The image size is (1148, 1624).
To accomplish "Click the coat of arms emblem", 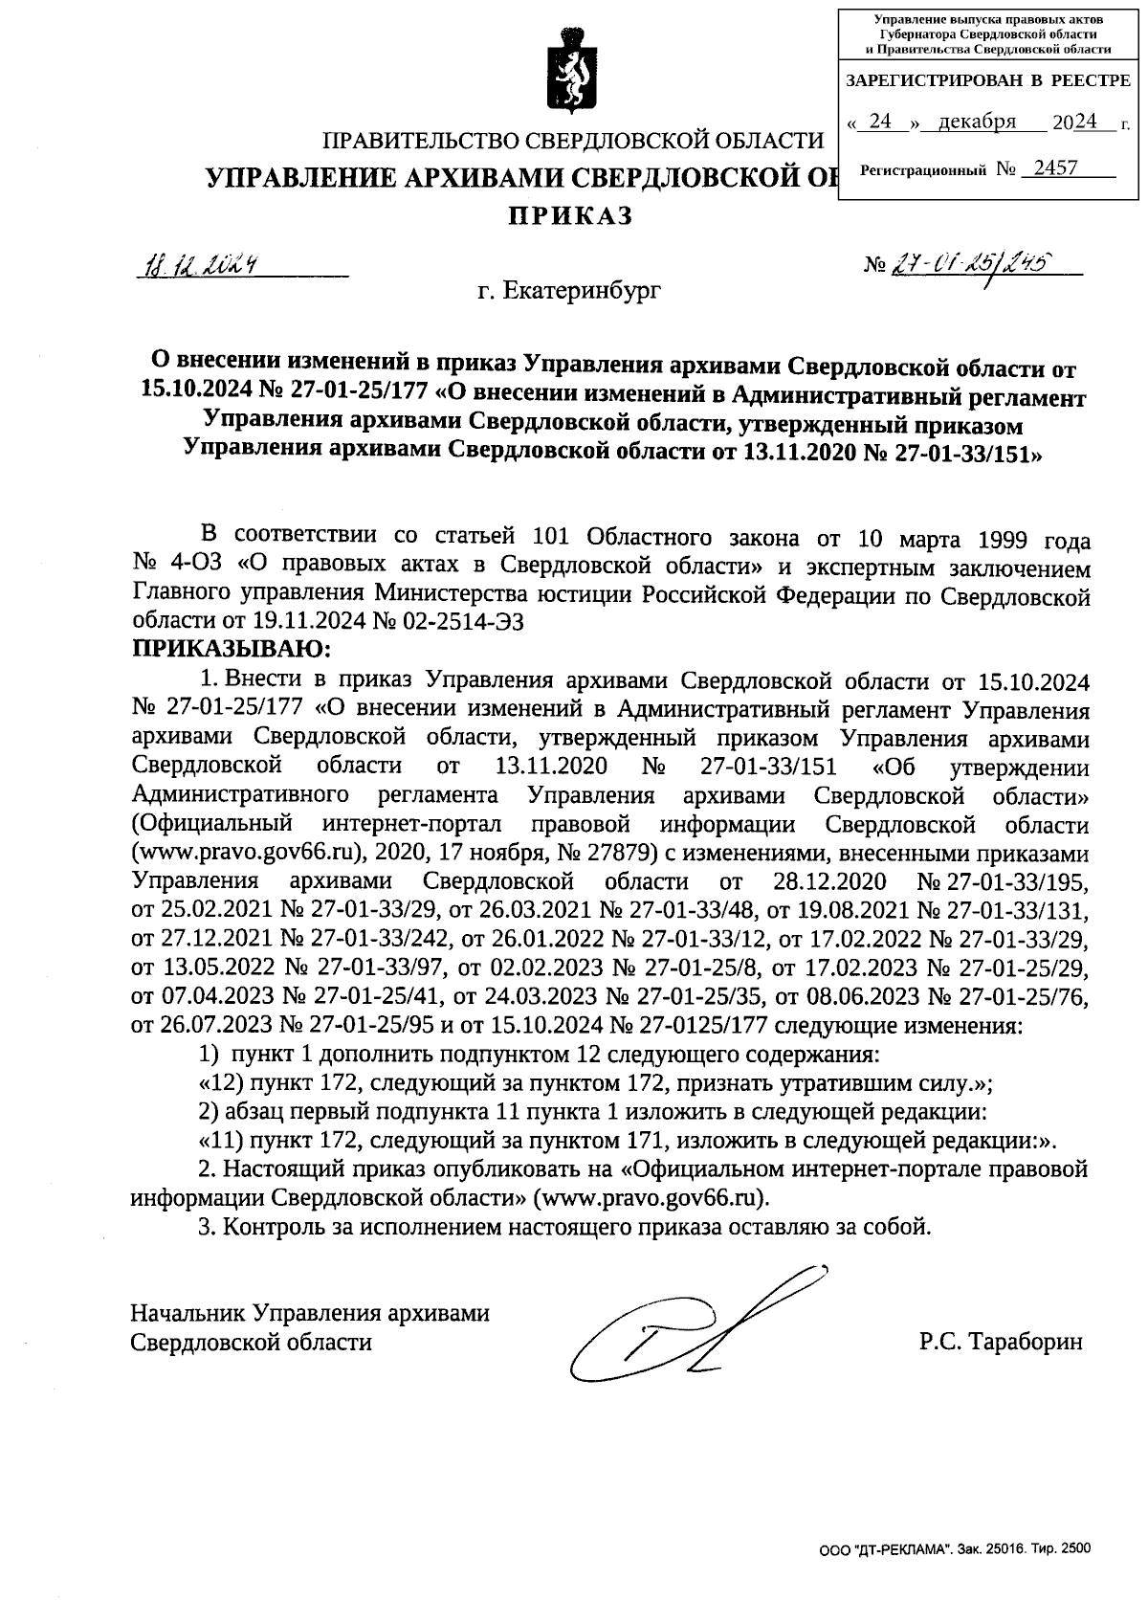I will (x=573, y=73).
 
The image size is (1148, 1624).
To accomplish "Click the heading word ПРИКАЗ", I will (x=570, y=217).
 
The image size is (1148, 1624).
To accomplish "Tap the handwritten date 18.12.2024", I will (x=199, y=264).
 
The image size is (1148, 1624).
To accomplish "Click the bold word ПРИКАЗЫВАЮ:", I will (x=230, y=650).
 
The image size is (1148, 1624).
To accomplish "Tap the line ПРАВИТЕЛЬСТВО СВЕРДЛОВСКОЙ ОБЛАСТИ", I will (x=573, y=142).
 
